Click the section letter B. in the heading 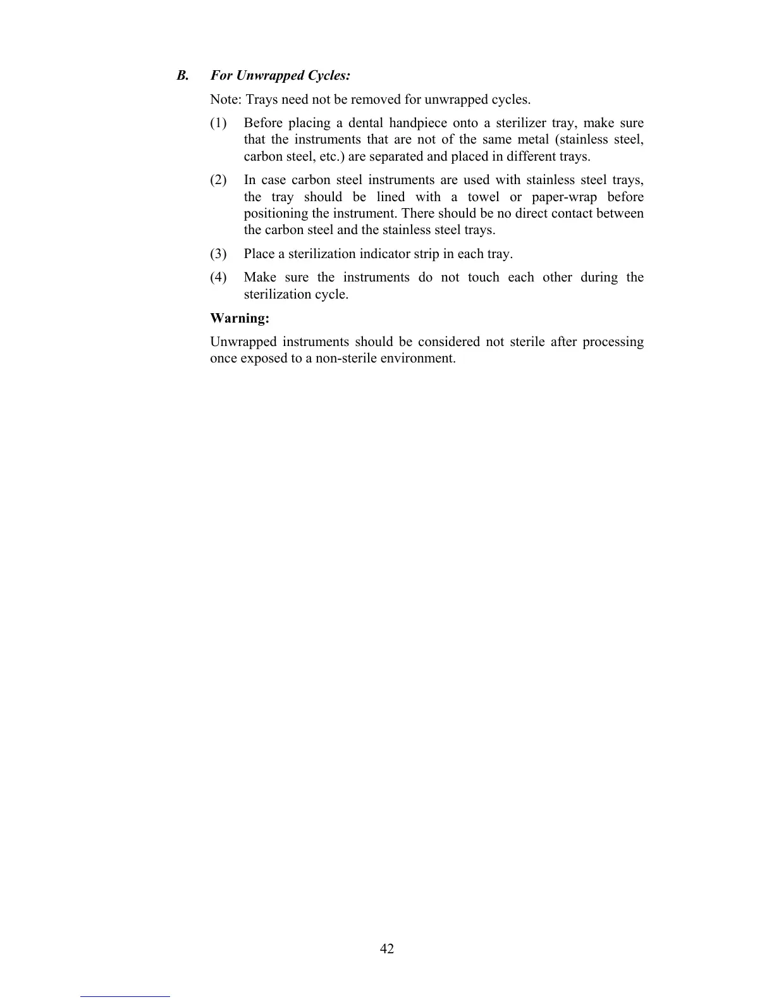point(183,76)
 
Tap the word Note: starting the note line point(226,100)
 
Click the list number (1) point(218,123)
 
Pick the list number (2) point(218,180)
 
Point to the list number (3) point(218,254)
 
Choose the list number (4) point(218,278)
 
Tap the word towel point(483,197)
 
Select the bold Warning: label point(240,318)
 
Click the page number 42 point(387,949)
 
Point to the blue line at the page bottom point(125,996)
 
